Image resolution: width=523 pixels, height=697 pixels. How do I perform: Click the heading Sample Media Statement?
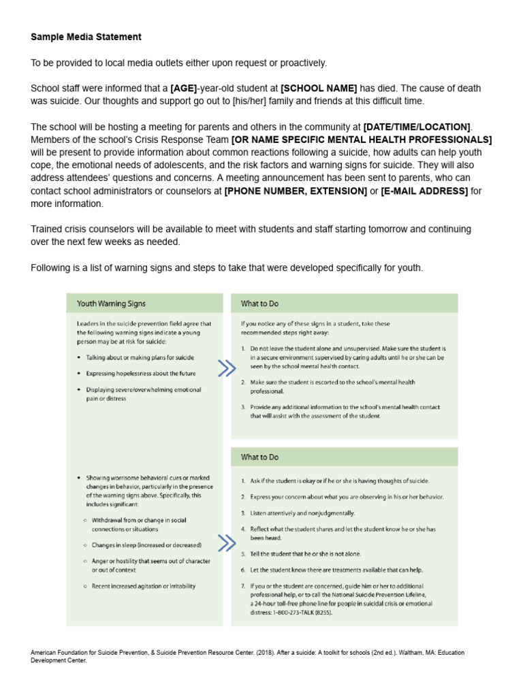click(x=86, y=36)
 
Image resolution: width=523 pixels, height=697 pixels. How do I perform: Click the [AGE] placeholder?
click(x=184, y=88)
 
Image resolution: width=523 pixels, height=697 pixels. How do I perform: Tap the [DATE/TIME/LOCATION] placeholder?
click(x=417, y=127)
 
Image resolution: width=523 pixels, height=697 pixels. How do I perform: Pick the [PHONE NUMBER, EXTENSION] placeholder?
click(x=296, y=191)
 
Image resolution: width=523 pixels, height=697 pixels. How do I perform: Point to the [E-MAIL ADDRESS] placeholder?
click(x=424, y=191)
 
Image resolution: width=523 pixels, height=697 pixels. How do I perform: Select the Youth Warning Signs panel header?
click(x=111, y=304)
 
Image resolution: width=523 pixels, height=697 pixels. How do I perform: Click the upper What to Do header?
click(x=260, y=304)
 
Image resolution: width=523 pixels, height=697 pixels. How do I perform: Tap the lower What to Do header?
click(x=260, y=457)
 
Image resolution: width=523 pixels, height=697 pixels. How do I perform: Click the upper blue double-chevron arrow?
click(x=227, y=368)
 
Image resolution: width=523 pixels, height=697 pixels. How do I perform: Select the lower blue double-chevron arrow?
click(x=227, y=542)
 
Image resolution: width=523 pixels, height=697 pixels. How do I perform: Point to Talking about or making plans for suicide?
click(x=140, y=357)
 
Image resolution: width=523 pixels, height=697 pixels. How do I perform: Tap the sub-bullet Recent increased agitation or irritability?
click(x=144, y=586)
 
